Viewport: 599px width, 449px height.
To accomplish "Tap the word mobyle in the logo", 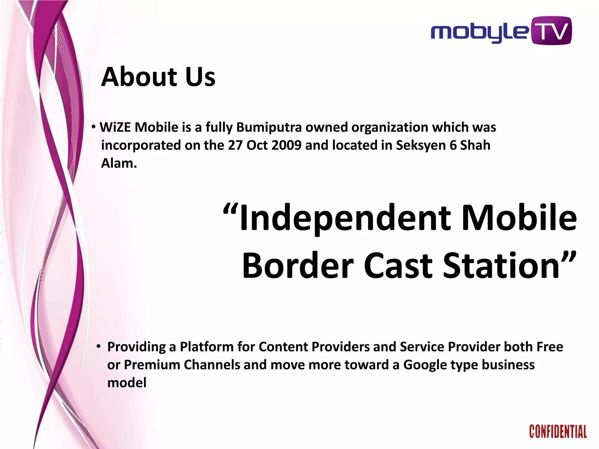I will pos(480,33).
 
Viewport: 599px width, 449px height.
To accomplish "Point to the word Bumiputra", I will pos(269,127).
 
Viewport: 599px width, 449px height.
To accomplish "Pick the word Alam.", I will pos(119,163).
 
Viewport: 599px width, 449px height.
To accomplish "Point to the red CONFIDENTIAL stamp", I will pos(558,432).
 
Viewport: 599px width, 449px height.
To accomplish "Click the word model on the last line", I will pos(127,383).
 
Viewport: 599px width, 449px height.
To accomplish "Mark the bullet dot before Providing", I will pos(99,347).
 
